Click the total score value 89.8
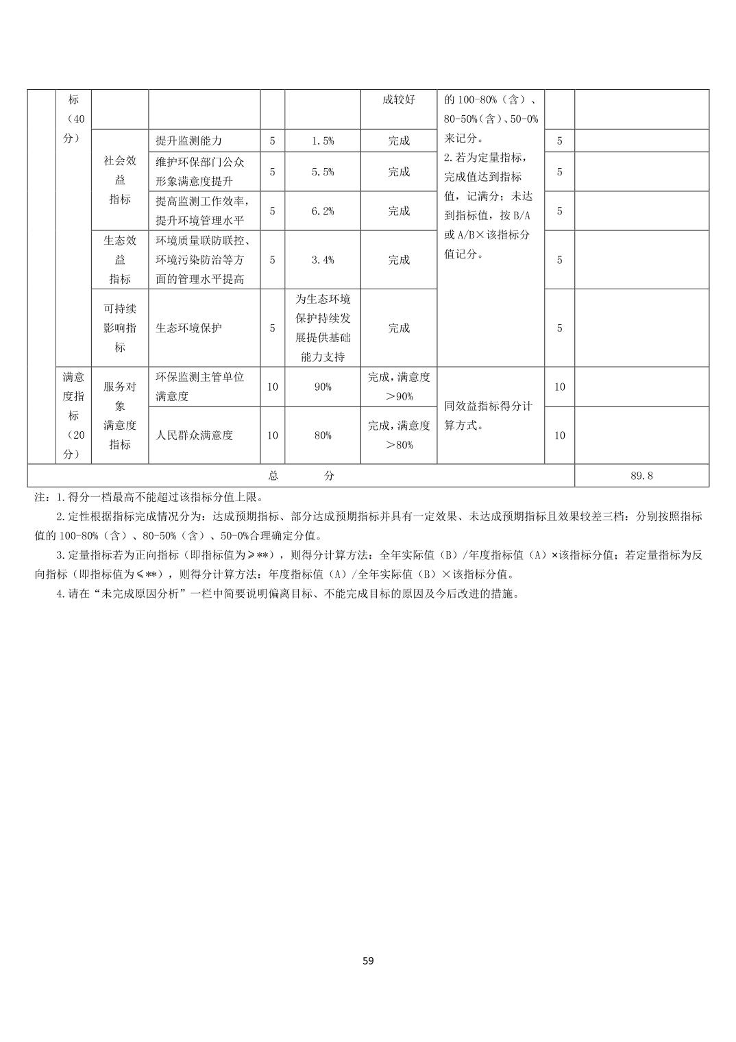pos(641,476)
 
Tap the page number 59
pos(368,960)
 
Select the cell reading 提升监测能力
pos(189,141)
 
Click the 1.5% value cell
pos(323,141)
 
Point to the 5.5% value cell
pos(323,171)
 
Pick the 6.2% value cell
pos(323,210)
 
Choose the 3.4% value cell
pos(323,260)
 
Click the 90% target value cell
pos(323,387)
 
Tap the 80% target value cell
pos(323,435)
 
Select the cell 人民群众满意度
pos(195,435)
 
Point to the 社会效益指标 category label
pos(120,180)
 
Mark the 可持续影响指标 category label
pos(120,328)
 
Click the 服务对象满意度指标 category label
pos(120,415)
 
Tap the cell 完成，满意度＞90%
pos(399,387)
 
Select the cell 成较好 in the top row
pos(399,99)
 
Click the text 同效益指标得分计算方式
pos(489,415)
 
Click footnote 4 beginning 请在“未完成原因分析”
pos(288,594)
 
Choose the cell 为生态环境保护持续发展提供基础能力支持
pos(323,328)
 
